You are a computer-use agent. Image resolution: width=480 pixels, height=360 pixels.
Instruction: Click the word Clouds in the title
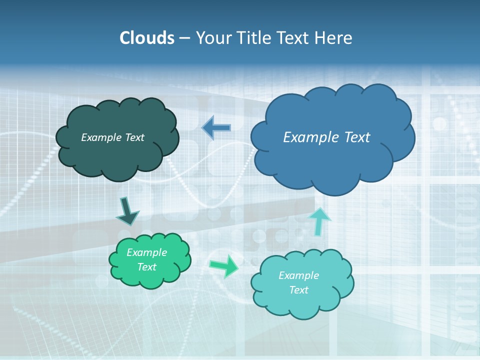pyautogui.click(x=146, y=38)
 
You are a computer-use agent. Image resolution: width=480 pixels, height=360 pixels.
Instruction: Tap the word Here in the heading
pyautogui.click(x=333, y=38)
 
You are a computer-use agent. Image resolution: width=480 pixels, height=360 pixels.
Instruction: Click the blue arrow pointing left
pyautogui.click(x=216, y=128)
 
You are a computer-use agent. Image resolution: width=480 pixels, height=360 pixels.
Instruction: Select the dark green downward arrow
pyautogui.click(x=127, y=211)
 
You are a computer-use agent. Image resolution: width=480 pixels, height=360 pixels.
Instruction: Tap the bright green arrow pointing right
pyautogui.click(x=224, y=266)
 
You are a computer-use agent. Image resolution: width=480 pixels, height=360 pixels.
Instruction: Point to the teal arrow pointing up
pyautogui.click(x=319, y=221)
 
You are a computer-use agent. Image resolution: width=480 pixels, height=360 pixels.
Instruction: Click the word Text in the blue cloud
pyautogui.click(x=357, y=137)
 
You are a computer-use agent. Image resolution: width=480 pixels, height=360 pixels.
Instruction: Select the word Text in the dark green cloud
pyautogui.click(x=134, y=137)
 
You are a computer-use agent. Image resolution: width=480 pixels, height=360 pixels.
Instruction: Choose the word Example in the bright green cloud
pyautogui.click(x=146, y=252)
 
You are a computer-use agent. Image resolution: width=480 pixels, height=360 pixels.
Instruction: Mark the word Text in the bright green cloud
pyautogui.click(x=146, y=267)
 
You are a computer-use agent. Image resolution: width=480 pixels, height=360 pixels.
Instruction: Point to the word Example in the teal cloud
pyautogui.click(x=298, y=275)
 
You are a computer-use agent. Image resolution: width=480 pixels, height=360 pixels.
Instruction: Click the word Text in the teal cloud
pyautogui.click(x=298, y=290)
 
